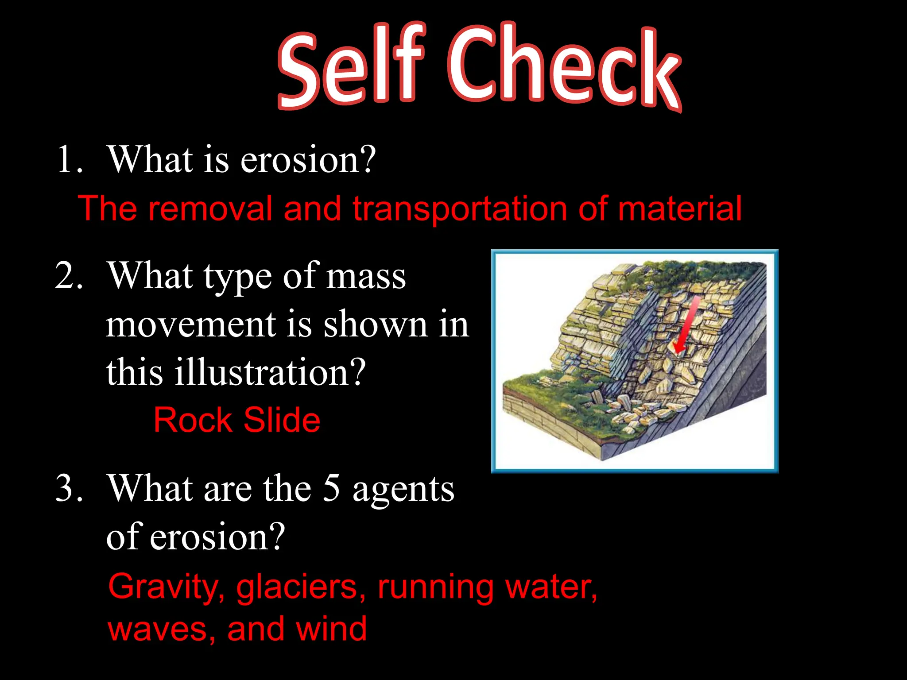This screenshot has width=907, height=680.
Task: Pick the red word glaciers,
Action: point(301,587)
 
